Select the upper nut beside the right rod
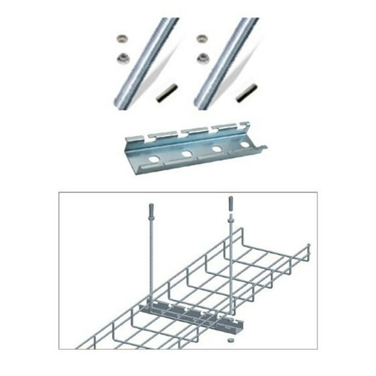pyautogui.click(x=202, y=39)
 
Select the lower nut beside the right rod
pyautogui.click(x=203, y=58)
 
